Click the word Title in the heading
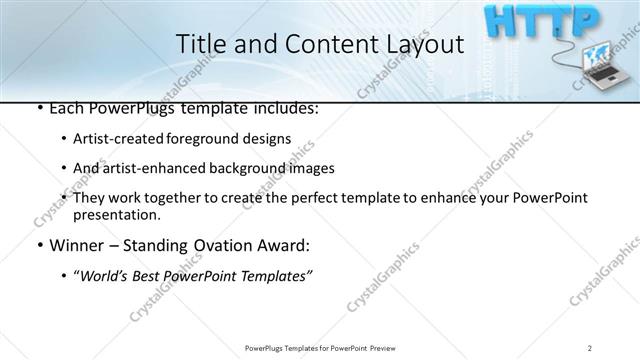pos(200,45)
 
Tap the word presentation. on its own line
pos(116,214)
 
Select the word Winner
pos(73,245)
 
